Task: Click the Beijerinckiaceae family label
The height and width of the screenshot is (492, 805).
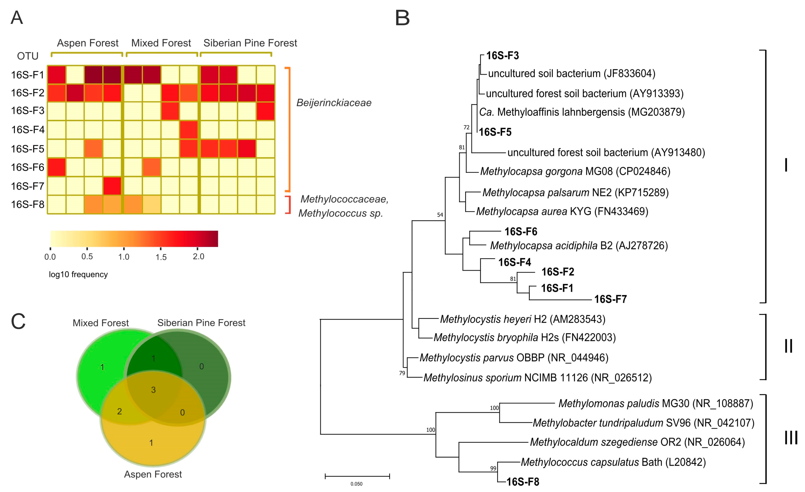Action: (x=334, y=103)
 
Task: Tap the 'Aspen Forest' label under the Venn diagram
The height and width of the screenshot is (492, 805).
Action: (x=153, y=474)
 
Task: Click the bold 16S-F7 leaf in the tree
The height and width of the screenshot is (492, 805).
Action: (x=610, y=299)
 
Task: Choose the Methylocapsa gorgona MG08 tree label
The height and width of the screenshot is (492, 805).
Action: (x=575, y=171)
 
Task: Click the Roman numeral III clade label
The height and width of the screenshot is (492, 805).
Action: (x=791, y=437)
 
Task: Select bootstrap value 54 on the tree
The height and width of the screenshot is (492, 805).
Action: (x=440, y=215)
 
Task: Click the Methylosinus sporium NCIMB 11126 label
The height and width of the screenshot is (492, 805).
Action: (x=537, y=377)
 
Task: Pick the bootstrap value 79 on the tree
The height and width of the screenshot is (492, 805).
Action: (x=402, y=373)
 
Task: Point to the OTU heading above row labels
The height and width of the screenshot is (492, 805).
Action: (x=28, y=56)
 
